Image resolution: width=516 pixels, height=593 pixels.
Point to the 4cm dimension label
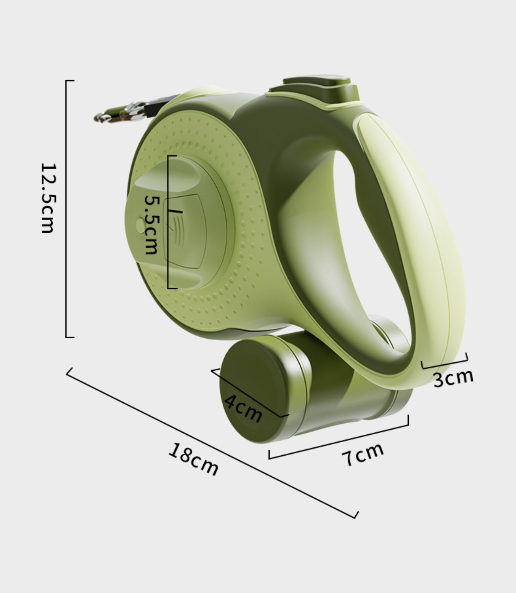click(x=243, y=408)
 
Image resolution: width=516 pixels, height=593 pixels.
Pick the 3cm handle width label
click(x=453, y=378)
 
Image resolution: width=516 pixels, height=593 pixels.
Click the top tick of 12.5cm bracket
click(x=70, y=81)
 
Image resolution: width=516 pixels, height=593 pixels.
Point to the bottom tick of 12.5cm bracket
click(x=70, y=337)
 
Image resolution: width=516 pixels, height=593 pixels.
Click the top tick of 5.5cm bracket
click(x=172, y=156)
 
